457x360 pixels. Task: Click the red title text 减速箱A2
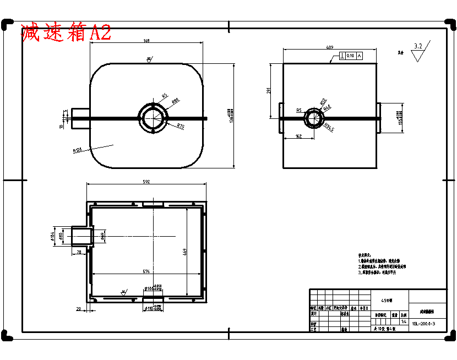pos(66,32)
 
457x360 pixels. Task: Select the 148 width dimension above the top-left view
pos(146,41)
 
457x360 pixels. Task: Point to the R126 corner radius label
pos(77,149)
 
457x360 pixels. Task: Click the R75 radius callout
pos(180,126)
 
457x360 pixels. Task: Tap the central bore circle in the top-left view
pos(154,117)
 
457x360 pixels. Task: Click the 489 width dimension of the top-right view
pos(329,47)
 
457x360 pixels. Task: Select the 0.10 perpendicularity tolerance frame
pos(351,56)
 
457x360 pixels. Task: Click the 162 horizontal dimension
pos(298,136)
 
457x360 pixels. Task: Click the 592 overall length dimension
pos(146,181)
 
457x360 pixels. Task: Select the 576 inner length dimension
pos(146,271)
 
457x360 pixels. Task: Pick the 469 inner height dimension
pos(184,253)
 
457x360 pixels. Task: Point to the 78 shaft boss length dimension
pos(79,252)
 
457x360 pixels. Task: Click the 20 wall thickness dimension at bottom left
pos(79,309)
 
